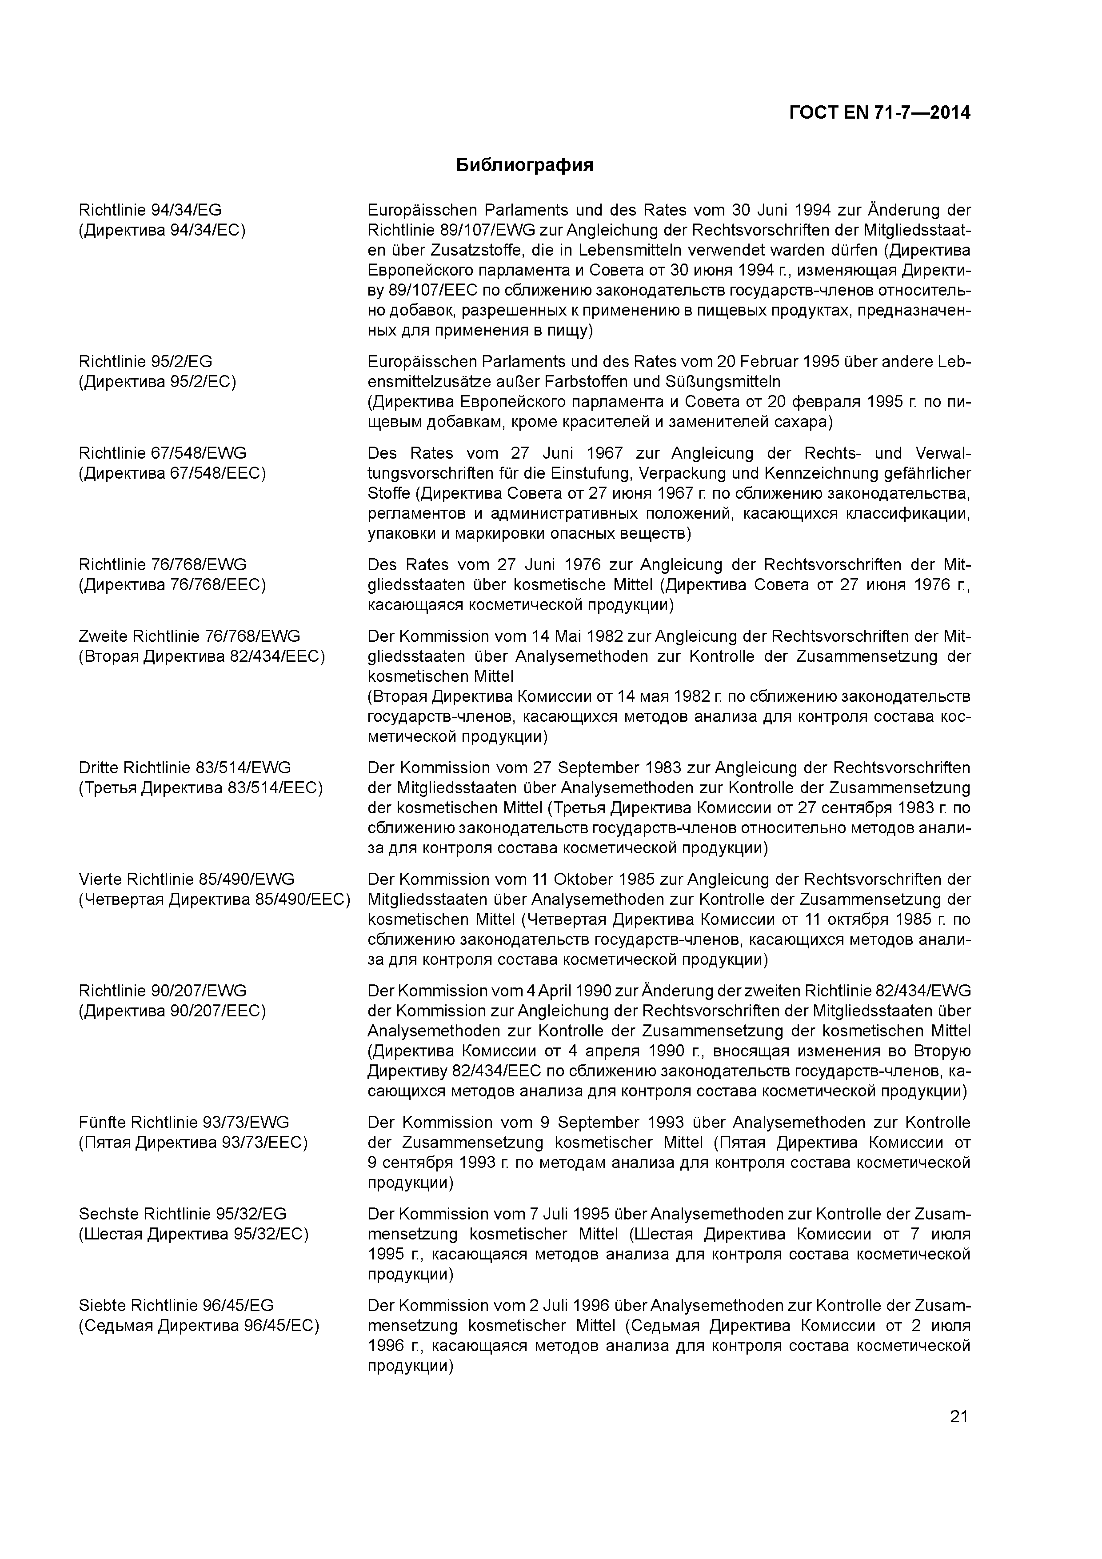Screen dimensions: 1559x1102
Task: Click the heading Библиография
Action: [524, 165]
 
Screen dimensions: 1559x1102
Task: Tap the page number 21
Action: [959, 1416]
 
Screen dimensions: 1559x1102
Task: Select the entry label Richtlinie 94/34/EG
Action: [150, 210]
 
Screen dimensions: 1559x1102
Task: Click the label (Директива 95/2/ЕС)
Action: [158, 382]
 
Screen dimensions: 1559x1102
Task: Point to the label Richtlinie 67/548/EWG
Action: [163, 453]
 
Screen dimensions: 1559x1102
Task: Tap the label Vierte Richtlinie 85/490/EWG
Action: [187, 879]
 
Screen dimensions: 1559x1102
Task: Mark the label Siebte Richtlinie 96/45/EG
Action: [176, 1305]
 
